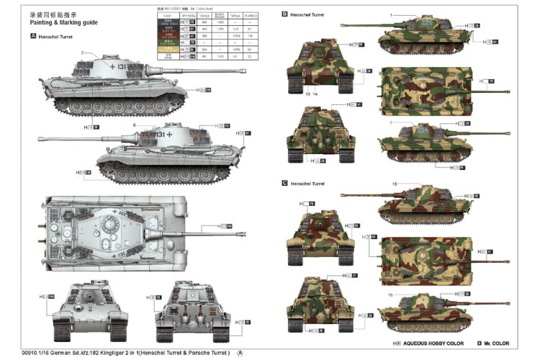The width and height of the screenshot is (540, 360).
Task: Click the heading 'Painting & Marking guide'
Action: (x=63, y=22)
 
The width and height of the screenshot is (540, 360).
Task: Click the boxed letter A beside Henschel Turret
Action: (x=33, y=35)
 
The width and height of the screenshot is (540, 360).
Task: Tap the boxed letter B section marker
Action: (x=284, y=14)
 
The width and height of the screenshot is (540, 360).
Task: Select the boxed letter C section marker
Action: (x=284, y=184)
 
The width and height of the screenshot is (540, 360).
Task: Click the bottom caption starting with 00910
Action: (x=116, y=353)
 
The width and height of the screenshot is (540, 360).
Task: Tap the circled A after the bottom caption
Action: (x=240, y=353)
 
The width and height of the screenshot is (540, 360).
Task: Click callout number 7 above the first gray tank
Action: (x=84, y=53)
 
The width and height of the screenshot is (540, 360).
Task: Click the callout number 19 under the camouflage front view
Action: (x=307, y=94)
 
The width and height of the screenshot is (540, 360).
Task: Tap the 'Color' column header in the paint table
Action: (x=167, y=14)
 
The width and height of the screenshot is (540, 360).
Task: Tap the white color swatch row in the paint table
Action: (x=167, y=22)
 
